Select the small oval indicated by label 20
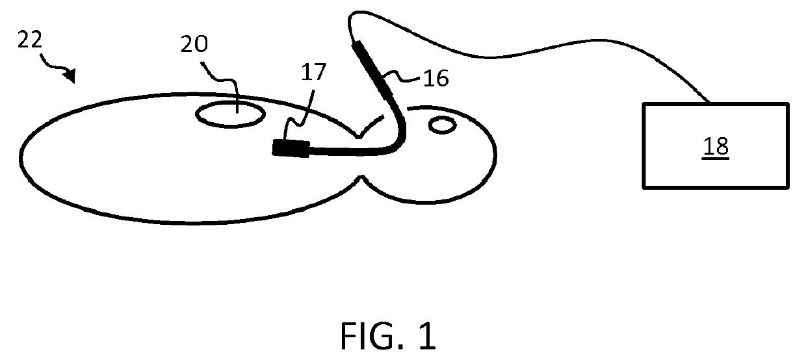pos(231,114)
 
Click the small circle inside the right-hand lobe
pos(442,124)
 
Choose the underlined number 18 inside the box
pos(716,147)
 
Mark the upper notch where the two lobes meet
pos(359,137)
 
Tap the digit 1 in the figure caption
pos(428,336)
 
